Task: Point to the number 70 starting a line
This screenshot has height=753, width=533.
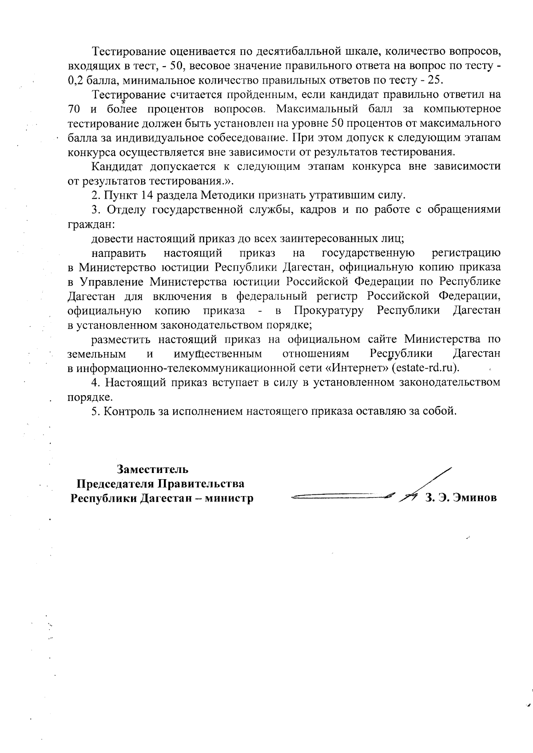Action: [x=73, y=109]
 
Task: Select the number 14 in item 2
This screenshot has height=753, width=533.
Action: [x=147, y=195]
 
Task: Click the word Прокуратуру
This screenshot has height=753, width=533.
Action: [x=330, y=310]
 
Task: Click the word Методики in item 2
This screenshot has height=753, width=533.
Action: [x=231, y=195]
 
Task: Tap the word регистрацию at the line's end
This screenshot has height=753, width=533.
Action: [x=466, y=253]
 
